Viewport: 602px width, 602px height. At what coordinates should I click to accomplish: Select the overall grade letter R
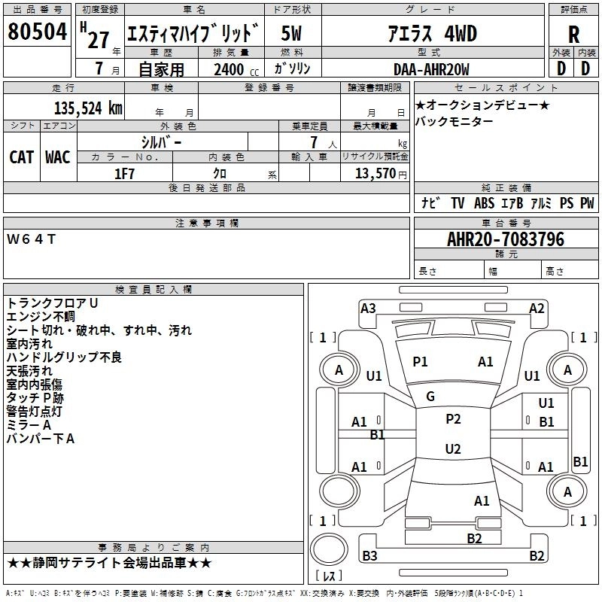coord(573,35)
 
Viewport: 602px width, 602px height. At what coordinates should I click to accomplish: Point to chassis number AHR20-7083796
coord(506,239)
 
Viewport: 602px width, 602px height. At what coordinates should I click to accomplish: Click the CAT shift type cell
coord(22,157)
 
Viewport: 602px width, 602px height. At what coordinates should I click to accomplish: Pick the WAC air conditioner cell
coord(58,157)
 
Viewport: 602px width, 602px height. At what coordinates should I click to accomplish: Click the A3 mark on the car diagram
coord(368,308)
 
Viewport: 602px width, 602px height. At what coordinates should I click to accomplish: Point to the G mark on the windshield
coord(430,397)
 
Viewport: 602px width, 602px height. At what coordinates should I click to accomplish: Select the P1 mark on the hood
coord(420,362)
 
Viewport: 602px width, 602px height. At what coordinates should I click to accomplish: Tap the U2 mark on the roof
coord(453,449)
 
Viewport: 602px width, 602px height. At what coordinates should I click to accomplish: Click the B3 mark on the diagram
coord(370,556)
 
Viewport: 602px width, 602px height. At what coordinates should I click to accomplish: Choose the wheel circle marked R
coord(567,491)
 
